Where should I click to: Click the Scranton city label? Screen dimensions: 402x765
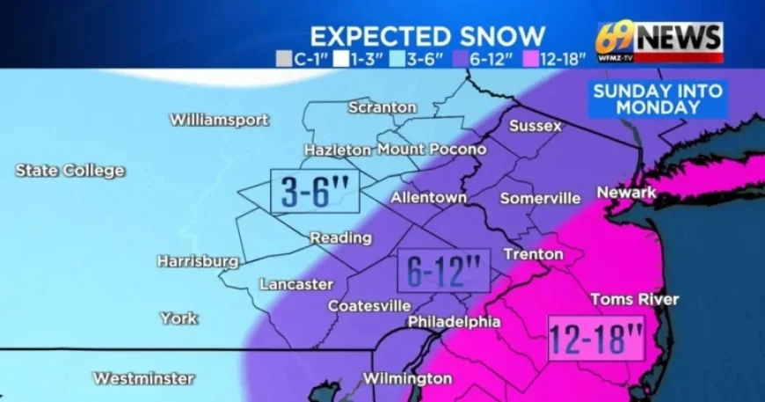[382, 107]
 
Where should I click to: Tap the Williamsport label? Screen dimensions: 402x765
[219, 120]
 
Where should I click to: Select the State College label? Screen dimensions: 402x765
[69, 171]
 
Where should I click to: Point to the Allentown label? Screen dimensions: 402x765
[428, 197]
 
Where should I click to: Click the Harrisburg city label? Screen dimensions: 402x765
[197, 260]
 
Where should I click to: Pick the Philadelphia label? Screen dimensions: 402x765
[454, 322]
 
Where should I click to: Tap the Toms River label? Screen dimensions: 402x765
[634, 300]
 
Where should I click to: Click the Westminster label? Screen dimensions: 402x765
[143, 378]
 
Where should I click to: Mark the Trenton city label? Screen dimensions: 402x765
[533, 254]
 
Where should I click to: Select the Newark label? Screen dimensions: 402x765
[626, 193]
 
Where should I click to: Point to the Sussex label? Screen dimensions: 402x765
[535, 126]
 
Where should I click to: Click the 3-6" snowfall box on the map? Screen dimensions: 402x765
[316, 191]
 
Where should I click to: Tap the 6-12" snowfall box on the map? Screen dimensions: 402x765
[443, 270]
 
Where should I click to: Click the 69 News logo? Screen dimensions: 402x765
[659, 40]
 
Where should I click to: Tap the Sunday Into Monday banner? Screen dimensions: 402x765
[659, 99]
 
